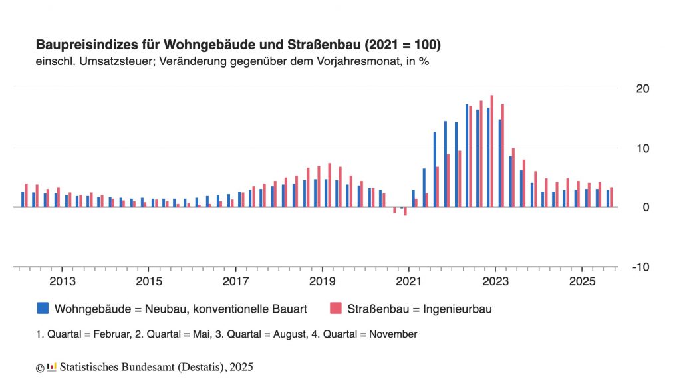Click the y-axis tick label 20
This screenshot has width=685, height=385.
coord(642,88)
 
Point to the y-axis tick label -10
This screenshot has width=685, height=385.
coord(640,267)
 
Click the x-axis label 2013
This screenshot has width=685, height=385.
coord(62,281)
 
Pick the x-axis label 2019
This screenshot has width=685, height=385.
coord(322,281)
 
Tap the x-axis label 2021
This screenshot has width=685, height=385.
coord(409,281)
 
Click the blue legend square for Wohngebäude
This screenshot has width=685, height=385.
coord(43,308)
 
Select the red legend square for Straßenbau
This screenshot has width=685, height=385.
coord(336,308)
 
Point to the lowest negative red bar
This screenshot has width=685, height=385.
coord(405,211)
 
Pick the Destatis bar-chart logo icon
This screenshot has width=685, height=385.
coord(52,366)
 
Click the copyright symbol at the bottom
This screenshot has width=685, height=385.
coord(40,367)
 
